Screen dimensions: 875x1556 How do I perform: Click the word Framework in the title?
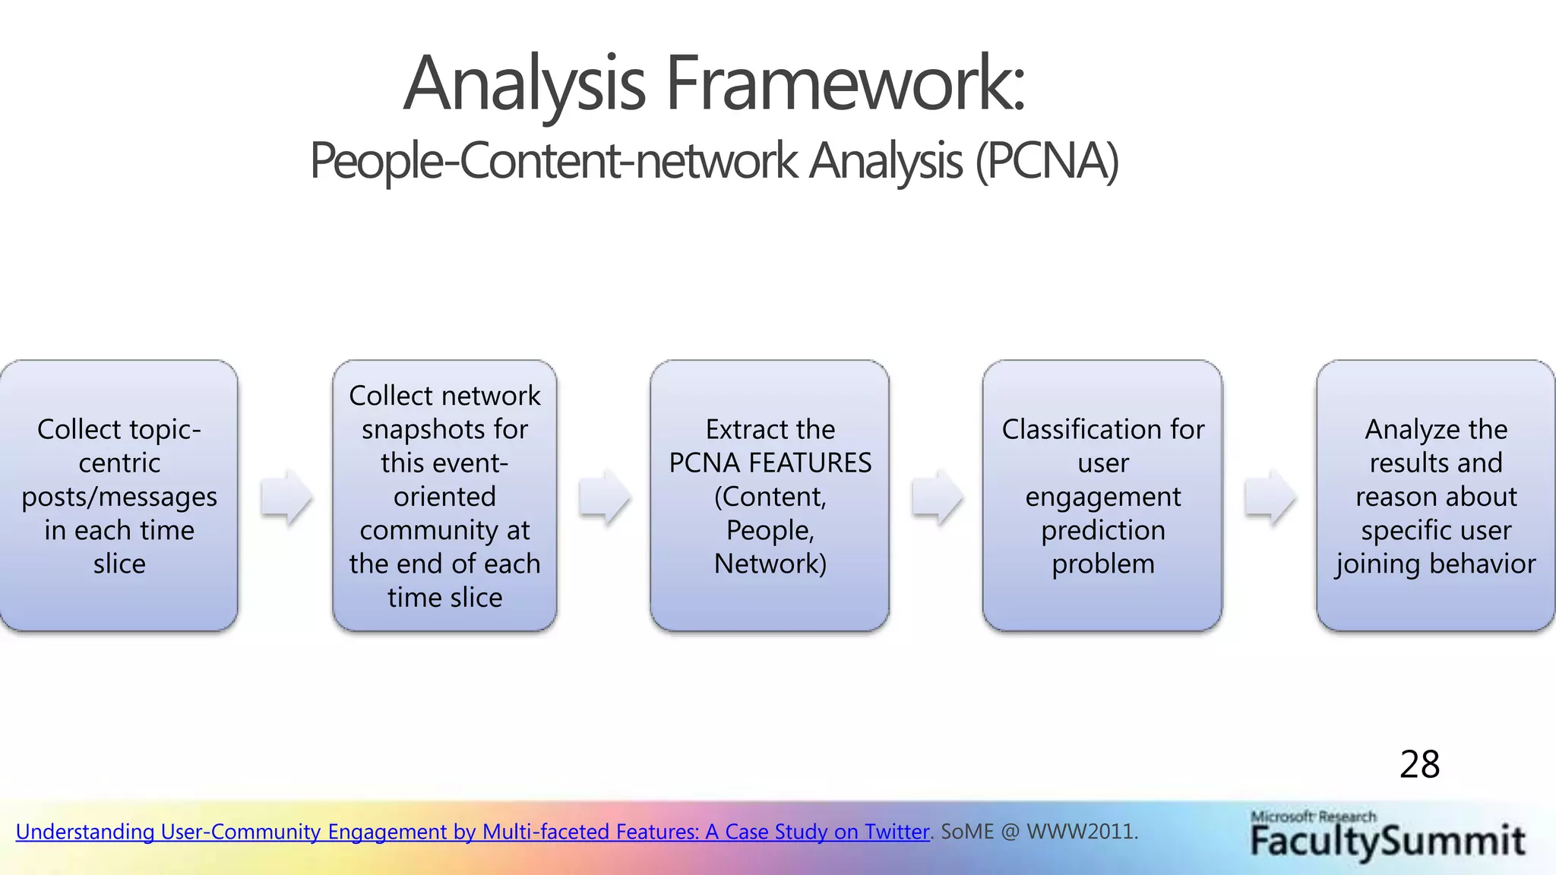coord(845,84)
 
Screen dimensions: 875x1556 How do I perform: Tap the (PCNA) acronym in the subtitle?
coord(1047,161)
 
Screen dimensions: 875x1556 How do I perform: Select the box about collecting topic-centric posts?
coord(119,495)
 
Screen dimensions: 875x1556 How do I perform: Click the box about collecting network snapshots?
coord(444,495)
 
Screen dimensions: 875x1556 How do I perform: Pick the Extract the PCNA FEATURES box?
coord(770,495)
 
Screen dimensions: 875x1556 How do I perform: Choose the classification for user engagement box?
coord(1102,495)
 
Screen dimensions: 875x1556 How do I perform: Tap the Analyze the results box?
coord(1435,495)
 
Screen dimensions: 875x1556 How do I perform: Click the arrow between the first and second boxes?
coord(286,498)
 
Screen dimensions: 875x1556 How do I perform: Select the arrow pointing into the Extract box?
coord(604,498)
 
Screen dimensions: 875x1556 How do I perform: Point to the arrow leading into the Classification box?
coord(937,498)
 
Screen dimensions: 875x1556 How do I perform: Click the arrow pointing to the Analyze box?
coord(1270,498)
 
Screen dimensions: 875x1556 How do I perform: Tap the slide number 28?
coord(1419,764)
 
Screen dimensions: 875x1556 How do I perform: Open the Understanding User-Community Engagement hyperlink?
coord(471,832)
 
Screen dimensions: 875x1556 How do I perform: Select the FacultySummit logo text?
coord(1387,842)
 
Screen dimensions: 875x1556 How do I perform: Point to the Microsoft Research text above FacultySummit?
coord(1313,817)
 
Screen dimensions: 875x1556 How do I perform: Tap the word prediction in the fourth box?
coord(1102,530)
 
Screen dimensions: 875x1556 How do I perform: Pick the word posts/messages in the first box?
coord(119,497)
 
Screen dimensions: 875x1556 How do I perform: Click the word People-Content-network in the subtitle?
coord(553,161)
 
